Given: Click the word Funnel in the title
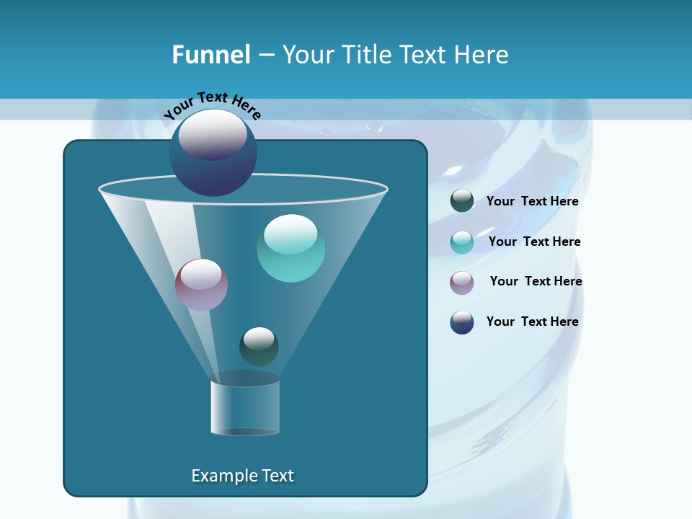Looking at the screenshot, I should [x=210, y=55].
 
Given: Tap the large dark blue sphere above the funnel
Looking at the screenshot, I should [x=213, y=154].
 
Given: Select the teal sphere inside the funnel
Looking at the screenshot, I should [x=290, y=249].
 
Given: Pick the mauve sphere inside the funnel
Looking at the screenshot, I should [x=201, y=285].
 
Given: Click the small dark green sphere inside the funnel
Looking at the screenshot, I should [x=259, y=346].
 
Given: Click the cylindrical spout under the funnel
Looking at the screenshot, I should [x=245, y=408].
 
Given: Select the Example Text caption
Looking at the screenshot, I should [x=242, y=476].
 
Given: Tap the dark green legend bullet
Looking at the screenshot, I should [x=462, y=201].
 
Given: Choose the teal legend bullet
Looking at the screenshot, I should [x=462, y=241].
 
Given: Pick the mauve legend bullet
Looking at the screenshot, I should [x=462, y=282].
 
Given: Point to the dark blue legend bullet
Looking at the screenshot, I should [x=462, y=322].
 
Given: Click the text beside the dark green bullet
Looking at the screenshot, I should [x=532, y=201].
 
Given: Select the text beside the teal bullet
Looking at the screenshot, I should [x=534, y=241].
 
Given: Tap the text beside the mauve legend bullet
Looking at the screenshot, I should [x=536, y=281].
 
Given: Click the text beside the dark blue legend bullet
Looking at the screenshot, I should [x=532, y=321].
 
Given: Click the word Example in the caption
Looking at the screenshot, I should [x=221, y=476].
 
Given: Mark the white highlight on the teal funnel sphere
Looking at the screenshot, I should [x=290, y=233].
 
